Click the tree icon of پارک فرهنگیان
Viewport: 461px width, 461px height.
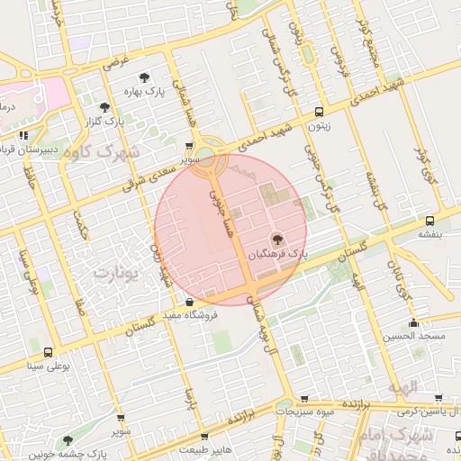276,239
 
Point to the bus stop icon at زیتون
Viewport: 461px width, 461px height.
319,113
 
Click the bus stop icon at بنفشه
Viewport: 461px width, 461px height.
429,220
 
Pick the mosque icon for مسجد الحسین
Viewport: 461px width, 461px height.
413,322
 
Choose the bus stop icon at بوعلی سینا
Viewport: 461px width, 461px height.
47,352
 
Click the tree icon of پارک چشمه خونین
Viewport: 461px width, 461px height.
68,440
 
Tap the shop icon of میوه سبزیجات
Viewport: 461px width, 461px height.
304,397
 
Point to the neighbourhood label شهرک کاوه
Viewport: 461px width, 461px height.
100,151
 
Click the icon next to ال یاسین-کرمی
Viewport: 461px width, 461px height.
438,397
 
